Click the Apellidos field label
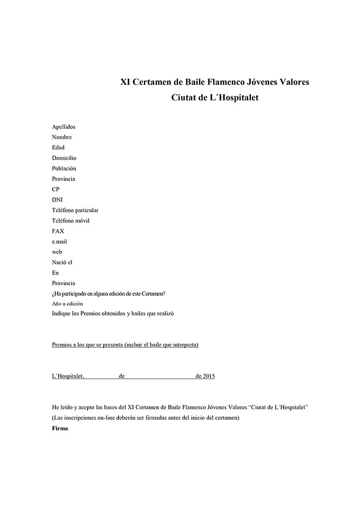pos(63,127)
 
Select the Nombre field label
pos(61,137)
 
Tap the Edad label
pos(58,148)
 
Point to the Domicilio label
pos(64,158)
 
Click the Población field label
pos(64,168)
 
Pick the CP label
pos(55,189)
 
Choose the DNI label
pos(57,200)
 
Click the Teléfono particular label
pos(75,210)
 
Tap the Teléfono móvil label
pos(70,221)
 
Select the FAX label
pos(58,231)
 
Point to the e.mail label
pos(59,241)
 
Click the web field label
pos(56,252)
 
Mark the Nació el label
pos(62,263)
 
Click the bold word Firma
pos(59,428)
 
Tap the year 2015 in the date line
pos(209,377)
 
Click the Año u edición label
pos(68,304)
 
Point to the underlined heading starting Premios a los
pos(125,345)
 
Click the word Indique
pos(61,314)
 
